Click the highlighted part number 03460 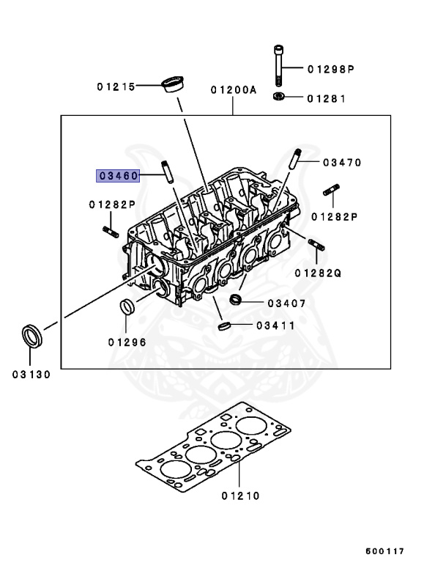[119, 176]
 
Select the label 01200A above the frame [234, 90]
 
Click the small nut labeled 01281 [279, 97]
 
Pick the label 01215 [116, 86]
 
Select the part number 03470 [341, 162]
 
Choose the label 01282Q [319, 273]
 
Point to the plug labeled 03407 [235, 300]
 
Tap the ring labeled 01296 [127, 307]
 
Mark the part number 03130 [31, 375]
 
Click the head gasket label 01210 [241, 496]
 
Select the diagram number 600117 [387, 551]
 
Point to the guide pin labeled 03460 [166, 173]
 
